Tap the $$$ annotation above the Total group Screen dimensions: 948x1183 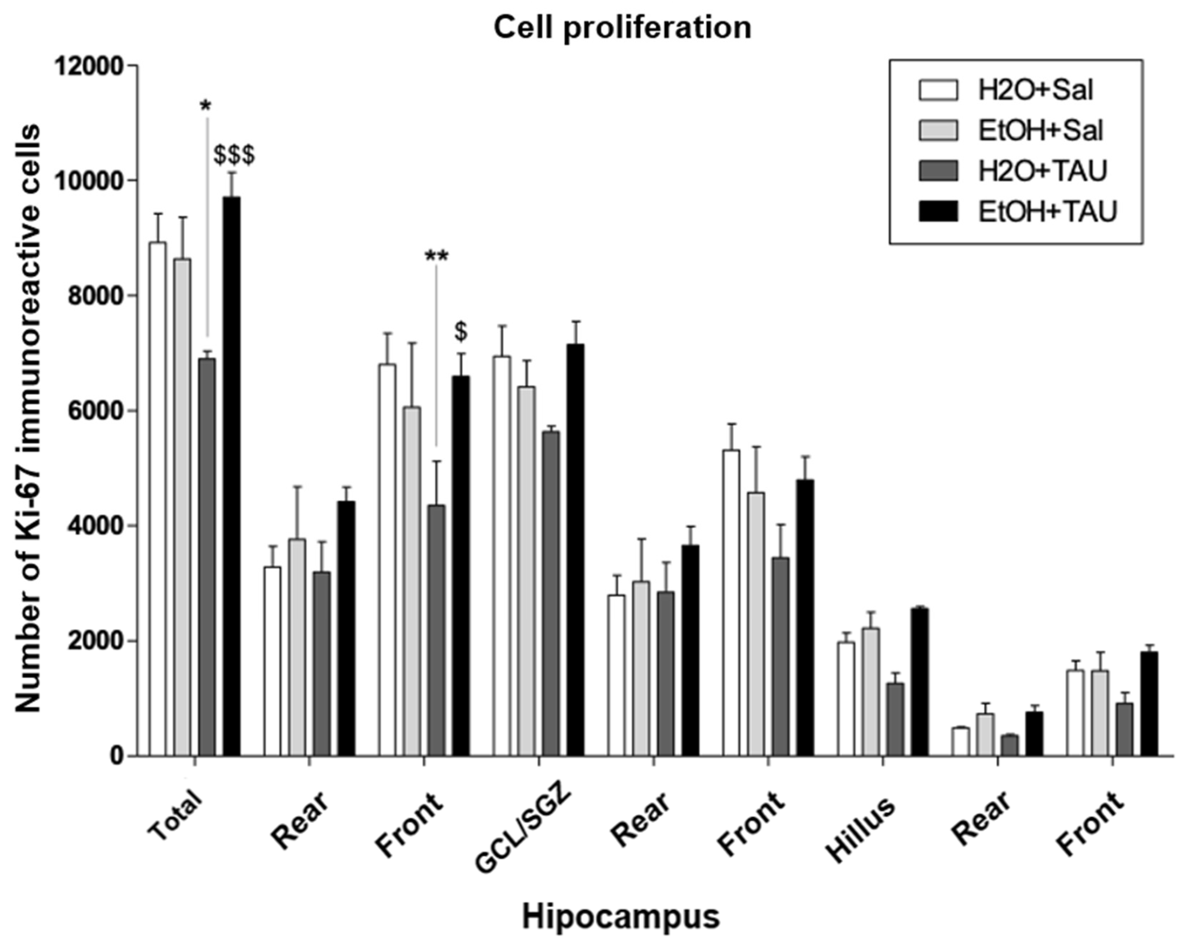pos(234,155)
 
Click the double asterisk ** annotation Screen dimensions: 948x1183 pos(437,256)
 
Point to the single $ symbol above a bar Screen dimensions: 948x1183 pos(461,332)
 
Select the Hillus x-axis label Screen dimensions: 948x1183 pos(860,829)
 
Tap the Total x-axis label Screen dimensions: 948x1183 pos(176,816)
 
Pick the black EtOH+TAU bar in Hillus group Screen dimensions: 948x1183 pos(920,682)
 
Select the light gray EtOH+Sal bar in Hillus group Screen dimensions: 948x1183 pos(870,692)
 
